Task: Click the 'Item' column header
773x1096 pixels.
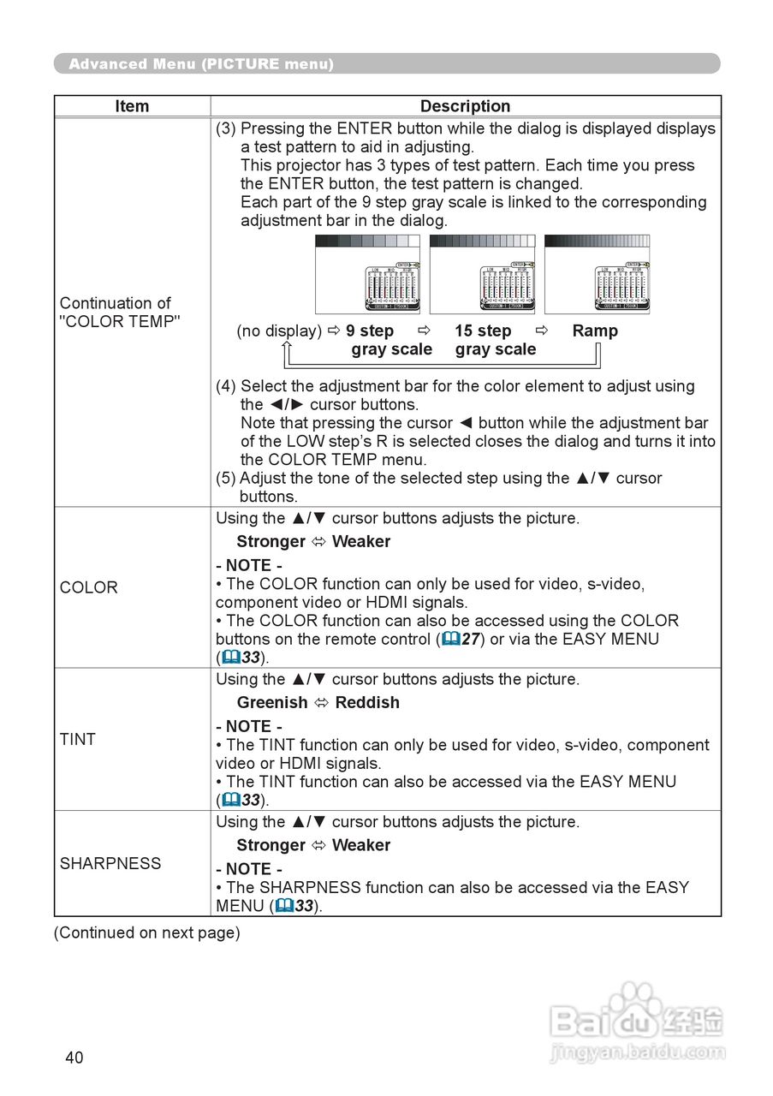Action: pyautogui.click(x=132, y=106)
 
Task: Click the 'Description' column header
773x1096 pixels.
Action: pyautogui.click(x=465, y=106)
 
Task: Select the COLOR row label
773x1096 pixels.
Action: pyautogui.click(x=89, y=587)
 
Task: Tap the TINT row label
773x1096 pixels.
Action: pyautogui.click(x=78, y=739)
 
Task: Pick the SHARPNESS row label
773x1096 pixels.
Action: pyautogui.click(x=110, y=863)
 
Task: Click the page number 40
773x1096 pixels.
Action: pyautogui.click(x=74, y=1057)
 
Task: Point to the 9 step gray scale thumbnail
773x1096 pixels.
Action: pyautogui.click(x=368, y=275)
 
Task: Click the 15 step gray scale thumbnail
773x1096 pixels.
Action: pyautogui.click(x=482, y=275)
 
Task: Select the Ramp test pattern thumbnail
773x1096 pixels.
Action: pyautogui.click(x=597, y=275)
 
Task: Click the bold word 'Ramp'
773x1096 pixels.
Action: pyautogui.click(x=595, y=331)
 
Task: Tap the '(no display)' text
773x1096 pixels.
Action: pyautogui.click(x=279, y=331)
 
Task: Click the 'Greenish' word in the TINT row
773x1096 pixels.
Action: pyautogui.click(x=272, y=702)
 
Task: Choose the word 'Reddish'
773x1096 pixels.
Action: pyautogui.click(x=367, y=702)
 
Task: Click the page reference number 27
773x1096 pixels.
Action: pyautogui.click(x=470, y=639)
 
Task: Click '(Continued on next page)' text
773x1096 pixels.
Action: pyautogui.click(x=147, y=932)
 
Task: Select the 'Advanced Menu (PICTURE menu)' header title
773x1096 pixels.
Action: pyautogui.click(x=201, y=64)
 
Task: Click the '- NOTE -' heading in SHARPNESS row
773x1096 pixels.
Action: pyautogui.click(x=249, y=869)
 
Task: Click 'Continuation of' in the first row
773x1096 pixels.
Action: pyautogui.click(x=116, y=303)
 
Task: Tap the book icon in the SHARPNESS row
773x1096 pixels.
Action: pyautogui.click(x=284, y=906)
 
